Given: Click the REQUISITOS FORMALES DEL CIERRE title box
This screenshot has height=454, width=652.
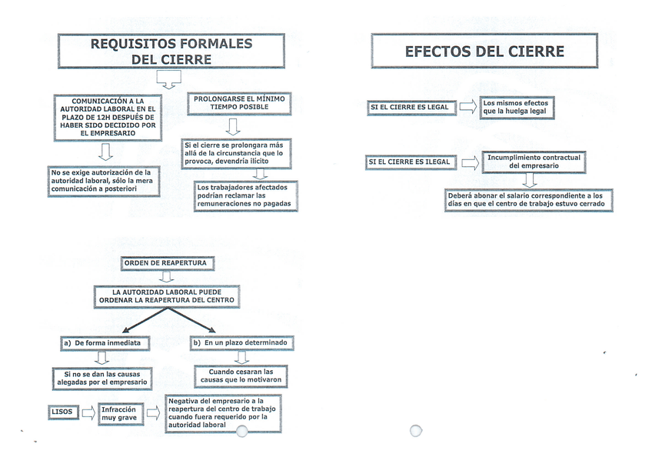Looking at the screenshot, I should coord(171,52).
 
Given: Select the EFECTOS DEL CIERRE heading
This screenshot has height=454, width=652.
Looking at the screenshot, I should coord(484,52).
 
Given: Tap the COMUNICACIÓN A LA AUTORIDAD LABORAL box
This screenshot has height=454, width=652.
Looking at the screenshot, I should coord(107,117).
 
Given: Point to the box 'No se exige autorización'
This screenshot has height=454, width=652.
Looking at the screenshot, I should coord(104,183).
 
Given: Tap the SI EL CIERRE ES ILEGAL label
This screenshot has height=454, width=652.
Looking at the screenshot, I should coord(411,162).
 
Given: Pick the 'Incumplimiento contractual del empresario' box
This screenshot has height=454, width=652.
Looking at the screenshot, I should coord(524,161).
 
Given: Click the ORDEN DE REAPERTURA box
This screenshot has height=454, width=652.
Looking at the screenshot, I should coord(166,263).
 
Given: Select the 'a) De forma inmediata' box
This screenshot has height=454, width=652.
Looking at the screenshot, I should coord(101,342).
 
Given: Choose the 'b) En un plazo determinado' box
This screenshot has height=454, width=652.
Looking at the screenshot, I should coord(241,342).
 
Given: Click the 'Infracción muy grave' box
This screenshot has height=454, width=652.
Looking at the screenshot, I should coord(119,413).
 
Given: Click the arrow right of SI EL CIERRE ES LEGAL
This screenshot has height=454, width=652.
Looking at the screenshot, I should coord(467,107).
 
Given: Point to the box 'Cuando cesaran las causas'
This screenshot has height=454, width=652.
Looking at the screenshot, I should coord(241,376).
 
